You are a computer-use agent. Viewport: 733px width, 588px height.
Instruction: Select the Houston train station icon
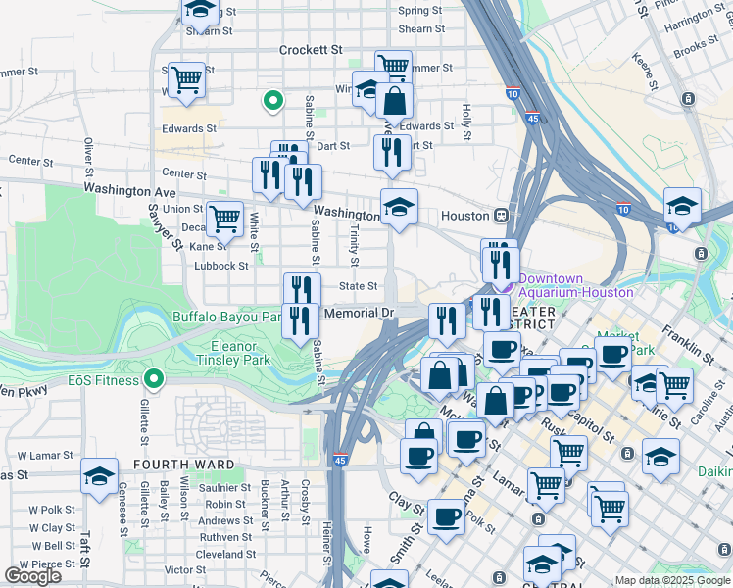click(501, 215)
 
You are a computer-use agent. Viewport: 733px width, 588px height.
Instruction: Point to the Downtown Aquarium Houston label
click(575, 285)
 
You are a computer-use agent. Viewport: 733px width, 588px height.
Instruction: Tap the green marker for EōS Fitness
click(153, 378)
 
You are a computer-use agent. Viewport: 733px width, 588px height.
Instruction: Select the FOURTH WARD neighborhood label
click(186, 465)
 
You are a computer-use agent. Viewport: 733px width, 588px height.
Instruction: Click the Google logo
click(32, 575)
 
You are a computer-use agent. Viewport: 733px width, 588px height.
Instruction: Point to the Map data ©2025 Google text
click(672, 581)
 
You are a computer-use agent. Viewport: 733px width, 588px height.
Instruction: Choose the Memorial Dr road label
click(357, 314)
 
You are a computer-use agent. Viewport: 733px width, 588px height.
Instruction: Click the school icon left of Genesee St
click(99, 476)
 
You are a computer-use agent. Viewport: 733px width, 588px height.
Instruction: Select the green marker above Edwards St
click(272, 100)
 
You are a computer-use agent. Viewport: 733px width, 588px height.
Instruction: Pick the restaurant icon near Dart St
click(389, 152)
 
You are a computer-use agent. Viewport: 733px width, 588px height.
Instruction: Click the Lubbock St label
click(221, 266)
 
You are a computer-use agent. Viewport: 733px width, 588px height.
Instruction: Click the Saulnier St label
click(225, 487)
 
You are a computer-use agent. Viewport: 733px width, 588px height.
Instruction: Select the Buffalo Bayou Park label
click(227, 317)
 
